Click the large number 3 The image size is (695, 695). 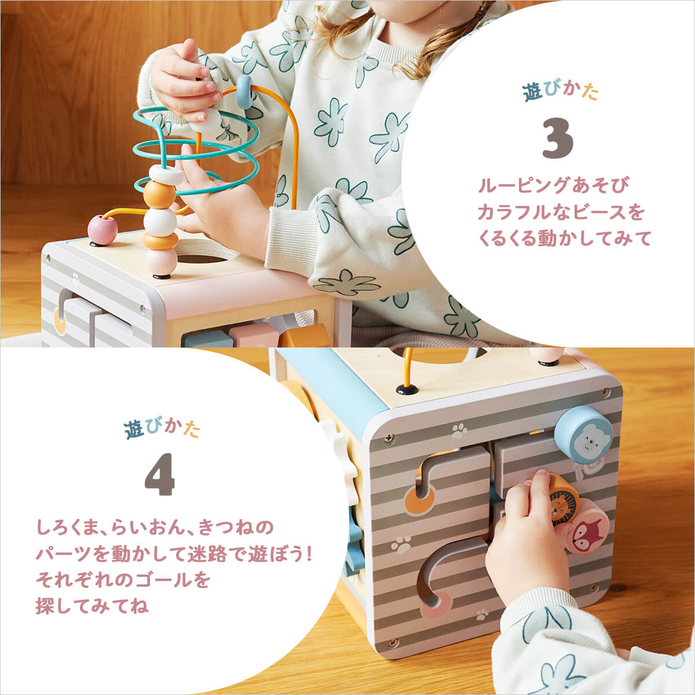[x=558, y=139]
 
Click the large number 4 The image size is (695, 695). [x=159, y=478]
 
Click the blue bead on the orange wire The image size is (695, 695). [x=244, y=85]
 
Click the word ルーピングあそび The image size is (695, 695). [x=553, y=186]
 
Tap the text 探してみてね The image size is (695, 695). [x=92, y=606]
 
